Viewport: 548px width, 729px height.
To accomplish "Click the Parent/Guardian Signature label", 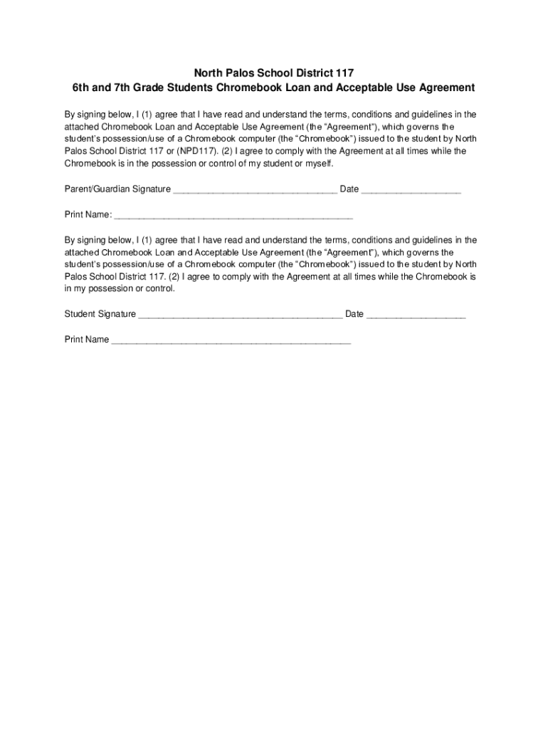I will pyautogui.click(x=117, y=189).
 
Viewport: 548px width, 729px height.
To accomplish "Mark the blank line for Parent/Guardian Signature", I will pyautogui.click(x=255, y=192).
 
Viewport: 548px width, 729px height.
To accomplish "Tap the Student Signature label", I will pyautogui.click(x=100, y=314).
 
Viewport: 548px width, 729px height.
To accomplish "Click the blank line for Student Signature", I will pyautogui.click(x=241, y=316).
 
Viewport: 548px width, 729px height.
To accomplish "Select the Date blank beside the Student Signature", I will pyautogui.click(x=416, y=316).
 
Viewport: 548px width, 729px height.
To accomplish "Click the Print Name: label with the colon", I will pyautogui.click(x=88, y=215).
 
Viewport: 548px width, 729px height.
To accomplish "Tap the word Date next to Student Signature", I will pyautogui.click(x=354, y=314).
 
